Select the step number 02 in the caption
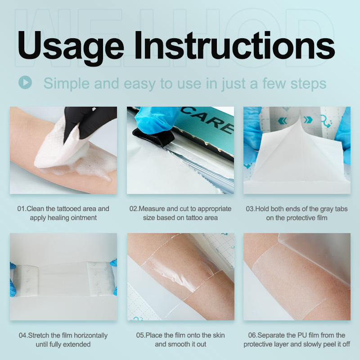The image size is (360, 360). (134, 209)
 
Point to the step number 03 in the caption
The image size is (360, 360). (250, 209)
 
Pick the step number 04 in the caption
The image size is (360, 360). (23, 336)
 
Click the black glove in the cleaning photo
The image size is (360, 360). (88, 119)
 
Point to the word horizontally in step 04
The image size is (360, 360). (90, 336)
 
